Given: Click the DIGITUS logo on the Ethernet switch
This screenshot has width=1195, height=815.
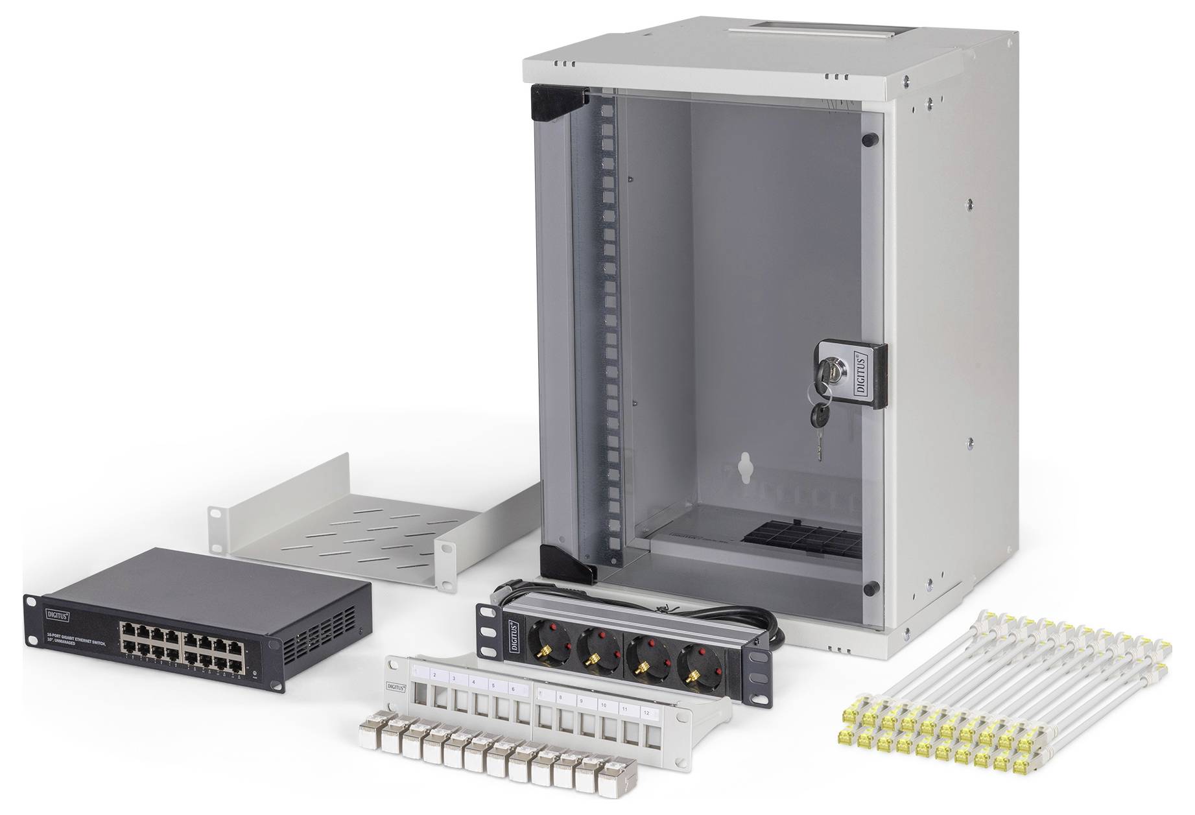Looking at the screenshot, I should coord(57,610).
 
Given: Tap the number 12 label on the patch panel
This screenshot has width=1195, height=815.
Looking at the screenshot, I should coord(646,712).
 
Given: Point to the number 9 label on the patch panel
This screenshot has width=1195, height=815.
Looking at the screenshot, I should coord(582,702).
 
